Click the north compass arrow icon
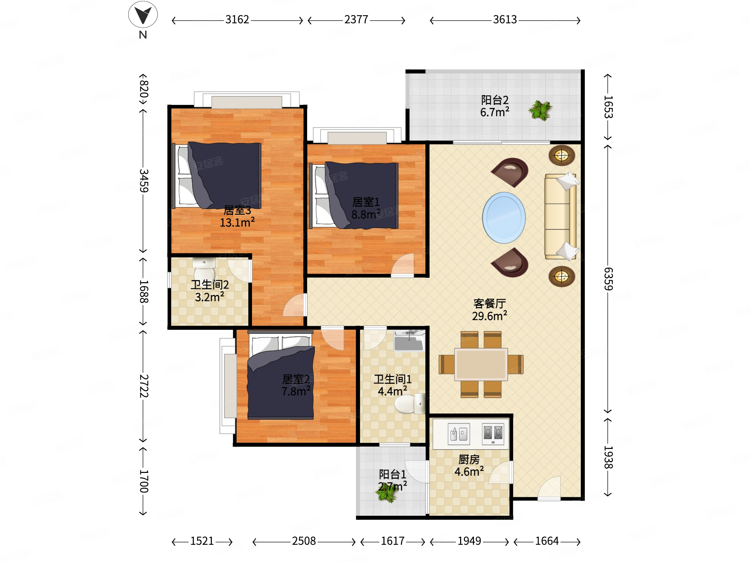coord(143,15)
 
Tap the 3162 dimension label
coord(237,20)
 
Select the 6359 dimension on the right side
coord(608,279)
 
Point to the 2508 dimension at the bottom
coord(304,541)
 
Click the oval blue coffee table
coord(504,218)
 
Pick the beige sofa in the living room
coord(561,216)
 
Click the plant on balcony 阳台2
coord(541,110)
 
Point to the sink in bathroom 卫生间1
coord(409,341)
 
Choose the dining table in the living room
coord(481,364)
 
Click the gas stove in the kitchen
coord(493,434)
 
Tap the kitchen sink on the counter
coord(459,434)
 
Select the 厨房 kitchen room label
coord(469,459)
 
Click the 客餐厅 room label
coord(490,303)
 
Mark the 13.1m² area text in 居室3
coord(237,222)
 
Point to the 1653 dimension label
coord(608,107)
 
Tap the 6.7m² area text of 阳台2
coord(495,112)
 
